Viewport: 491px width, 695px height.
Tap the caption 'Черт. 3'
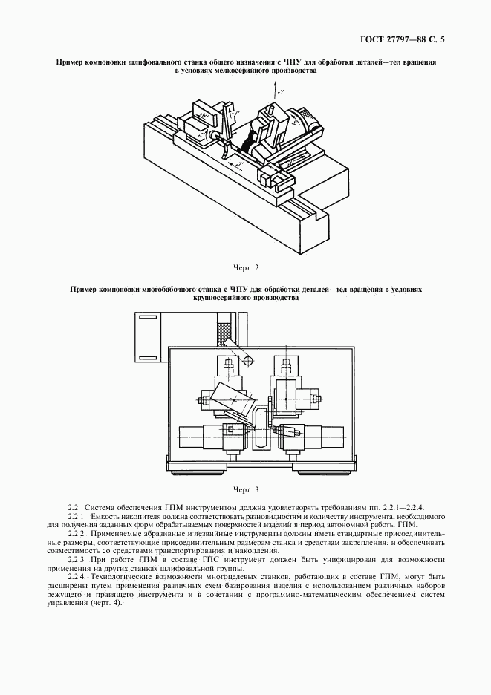coord(245,490)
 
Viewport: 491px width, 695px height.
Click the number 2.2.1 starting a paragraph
coord(78,516)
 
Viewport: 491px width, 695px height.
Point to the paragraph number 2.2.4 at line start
coord(78,576)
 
